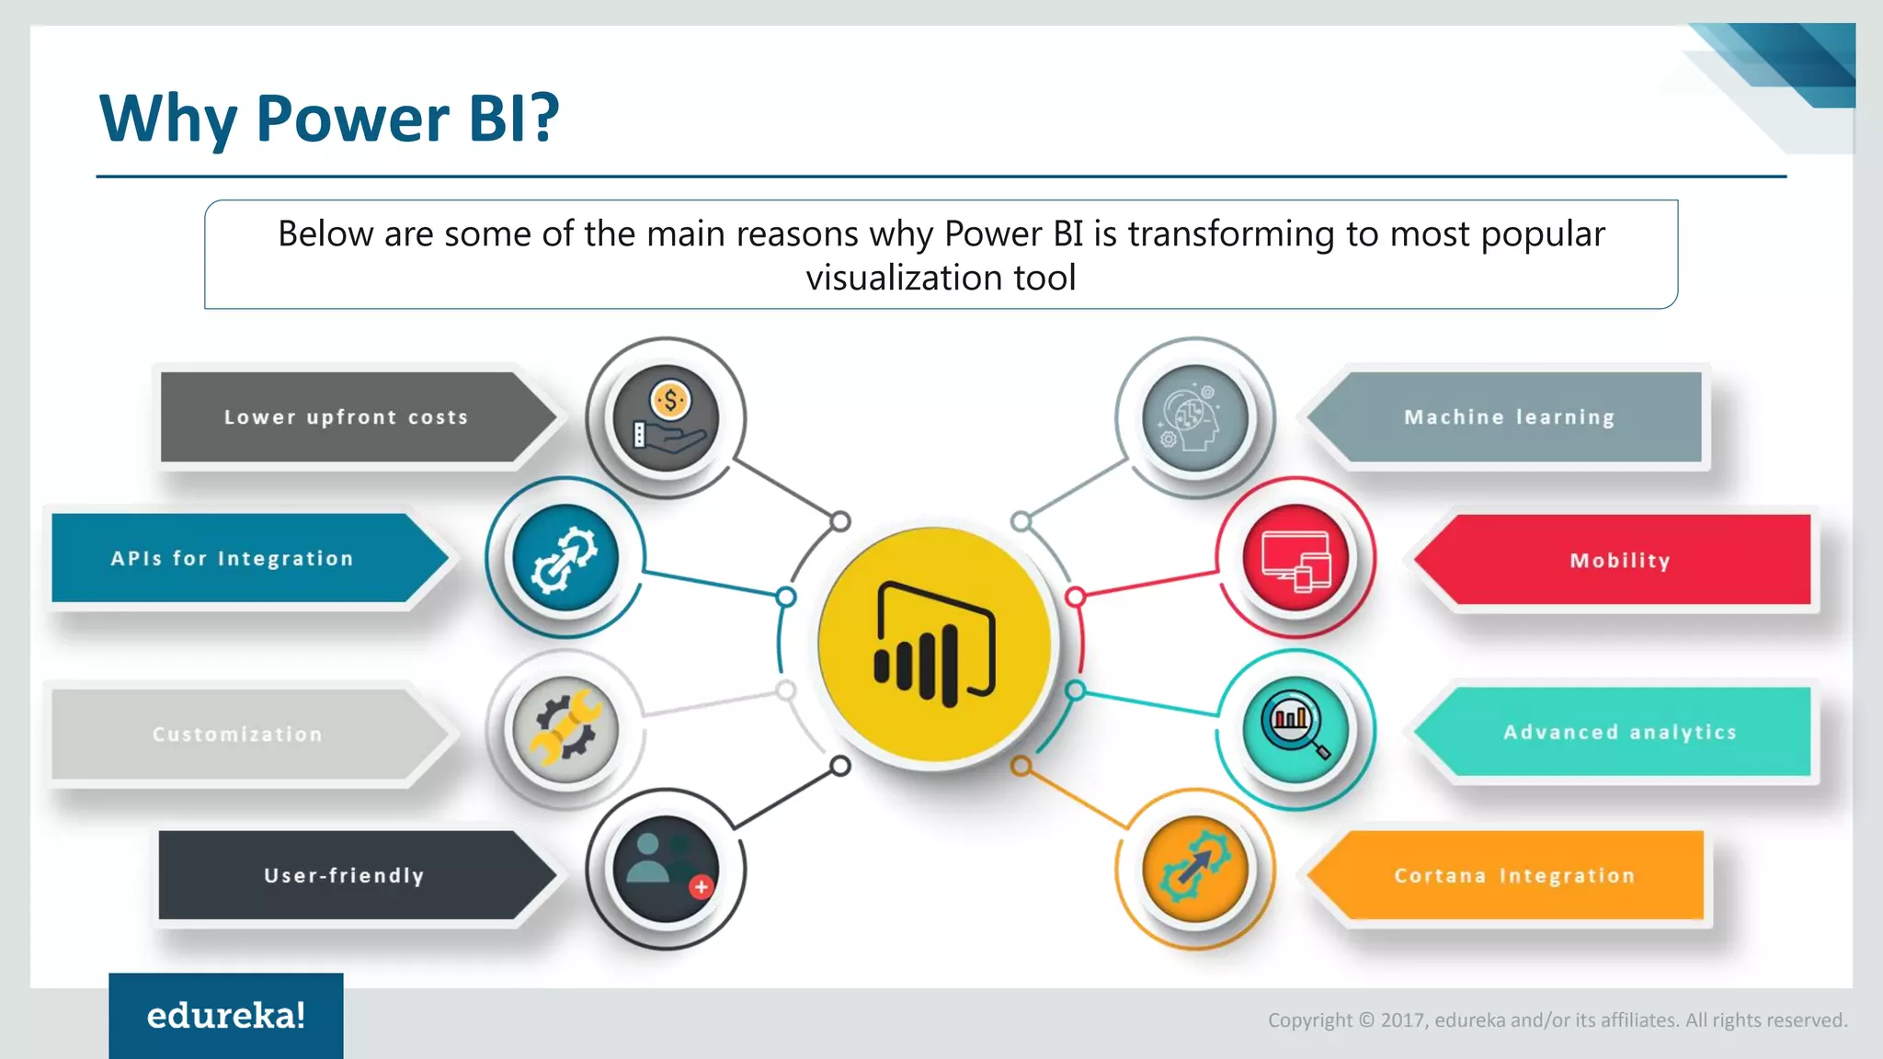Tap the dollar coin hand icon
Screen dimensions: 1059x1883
666,418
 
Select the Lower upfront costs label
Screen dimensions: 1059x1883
346,417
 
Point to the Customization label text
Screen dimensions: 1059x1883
237,734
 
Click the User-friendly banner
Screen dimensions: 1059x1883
344,876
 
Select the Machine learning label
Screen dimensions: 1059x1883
1509,417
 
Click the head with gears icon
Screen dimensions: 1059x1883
1194,418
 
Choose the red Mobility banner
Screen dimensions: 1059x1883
1619,561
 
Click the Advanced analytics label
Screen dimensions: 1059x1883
1619,733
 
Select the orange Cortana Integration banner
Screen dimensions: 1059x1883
1514,876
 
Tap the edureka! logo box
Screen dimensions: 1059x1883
226,1016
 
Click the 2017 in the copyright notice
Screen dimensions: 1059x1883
1402,1020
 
